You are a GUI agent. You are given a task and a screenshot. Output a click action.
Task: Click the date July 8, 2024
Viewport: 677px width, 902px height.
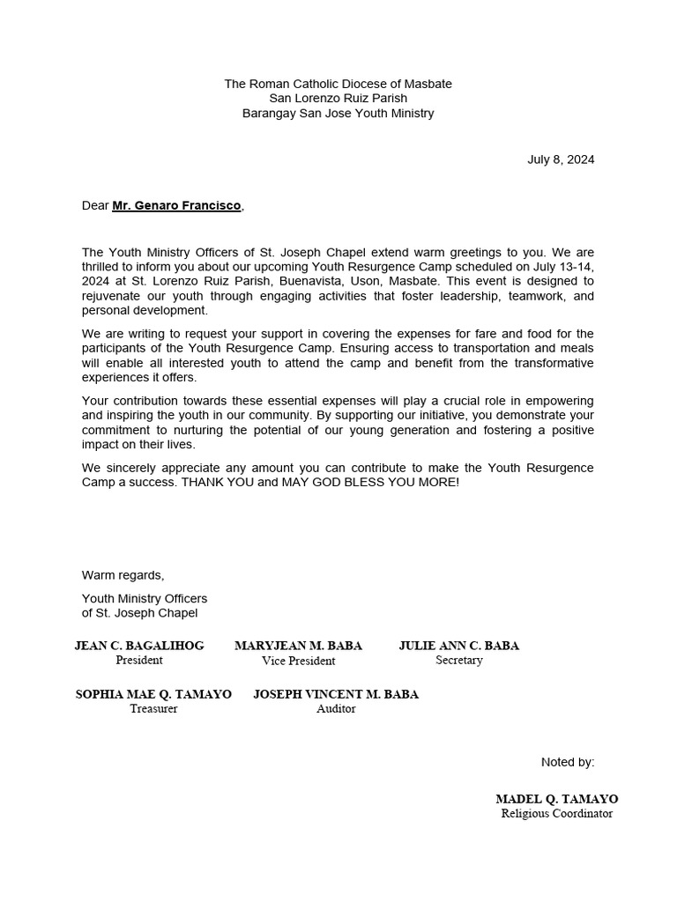pyautogui.click(x=561, y=159)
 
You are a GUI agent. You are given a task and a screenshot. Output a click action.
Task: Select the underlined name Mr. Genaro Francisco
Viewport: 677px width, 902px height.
pyautogui.click(x=176, y=205)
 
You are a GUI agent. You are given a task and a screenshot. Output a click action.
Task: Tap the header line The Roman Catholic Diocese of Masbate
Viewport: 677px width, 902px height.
pyautogui.click(x=338, y=84)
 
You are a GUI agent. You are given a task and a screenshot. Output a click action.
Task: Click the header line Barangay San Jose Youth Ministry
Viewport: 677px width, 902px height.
pyautogui.click(x=338, y=114)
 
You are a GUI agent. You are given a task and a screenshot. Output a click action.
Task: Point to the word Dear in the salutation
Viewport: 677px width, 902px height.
pyautogui.click(x=95, y=205)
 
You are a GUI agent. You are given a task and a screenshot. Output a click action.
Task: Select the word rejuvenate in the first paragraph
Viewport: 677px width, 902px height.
pyautogui.click(x=112, y=296)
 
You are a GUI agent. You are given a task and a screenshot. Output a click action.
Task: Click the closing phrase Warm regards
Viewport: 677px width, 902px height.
pyautogui.click(x=123, y=575)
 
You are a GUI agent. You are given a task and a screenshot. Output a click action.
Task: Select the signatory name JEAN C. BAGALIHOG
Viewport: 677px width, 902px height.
pyautogui.click(x=139, y=646)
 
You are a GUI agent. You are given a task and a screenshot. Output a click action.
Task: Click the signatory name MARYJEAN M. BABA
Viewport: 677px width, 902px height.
pyautogui.click(x=298, y=646)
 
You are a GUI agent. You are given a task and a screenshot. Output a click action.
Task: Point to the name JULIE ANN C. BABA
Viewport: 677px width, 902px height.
pyautogui.click(x=458, y=646)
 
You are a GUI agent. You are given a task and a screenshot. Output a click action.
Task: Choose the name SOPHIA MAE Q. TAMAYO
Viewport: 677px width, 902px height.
pyautogui.click(x=153, y=694)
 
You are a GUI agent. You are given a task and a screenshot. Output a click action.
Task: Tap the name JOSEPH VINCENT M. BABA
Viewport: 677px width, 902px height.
pyautogui.click(x=336, y=694)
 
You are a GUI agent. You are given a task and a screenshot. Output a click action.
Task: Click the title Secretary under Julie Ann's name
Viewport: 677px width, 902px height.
pyautogui.click(x=458, y=661)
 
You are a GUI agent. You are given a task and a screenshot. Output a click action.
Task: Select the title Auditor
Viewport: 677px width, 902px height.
pyautogui.click(x=336, y=709)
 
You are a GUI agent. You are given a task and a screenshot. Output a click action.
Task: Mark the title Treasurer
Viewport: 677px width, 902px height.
pyautogui.click(x=153, y=709)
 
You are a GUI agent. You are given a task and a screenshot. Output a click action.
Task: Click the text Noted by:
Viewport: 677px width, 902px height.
pyautogui.click(x=567, y=762)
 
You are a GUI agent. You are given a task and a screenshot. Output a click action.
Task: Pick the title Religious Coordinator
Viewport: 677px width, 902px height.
pyautogui.click(x=556, y=814)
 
